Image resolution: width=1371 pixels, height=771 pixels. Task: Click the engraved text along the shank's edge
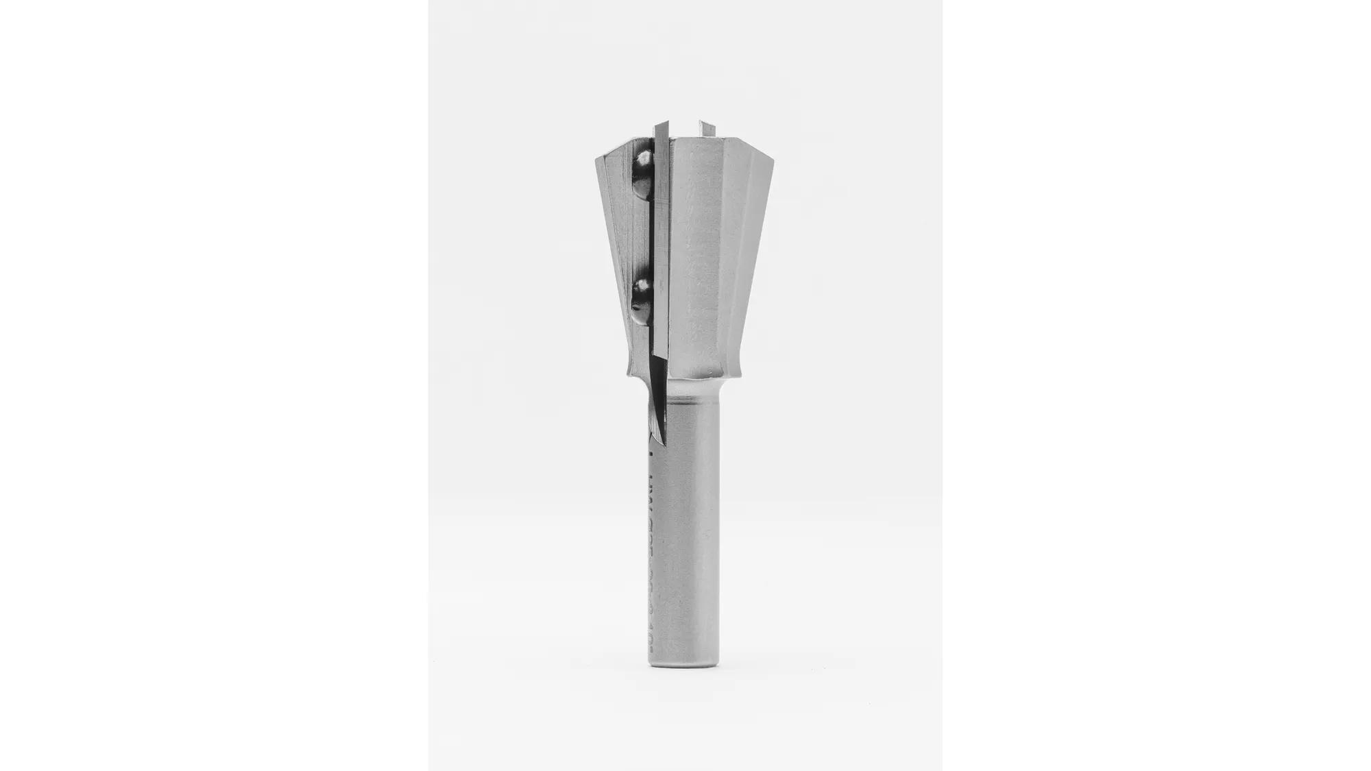tap(650, 548)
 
